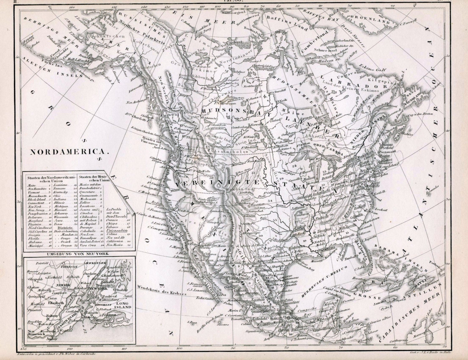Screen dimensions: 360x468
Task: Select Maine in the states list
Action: point(32,185)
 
